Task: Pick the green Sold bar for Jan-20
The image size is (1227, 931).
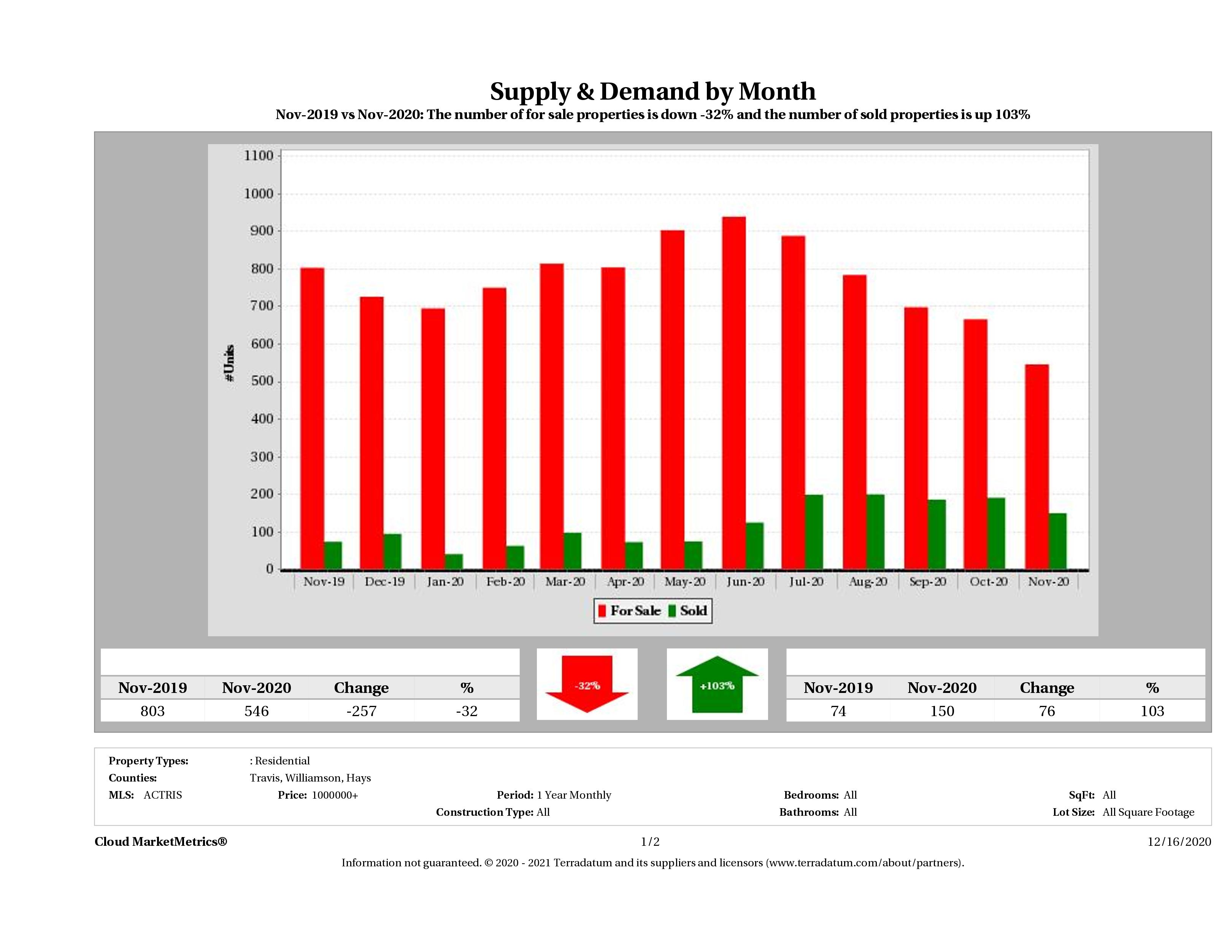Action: [454, 561]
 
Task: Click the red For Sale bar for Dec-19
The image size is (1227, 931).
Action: [371, 433]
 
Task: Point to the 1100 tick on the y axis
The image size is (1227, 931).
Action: [259, 156]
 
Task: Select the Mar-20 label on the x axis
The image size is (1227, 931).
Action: [565, 581]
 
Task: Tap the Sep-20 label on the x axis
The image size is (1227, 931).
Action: [927, 581]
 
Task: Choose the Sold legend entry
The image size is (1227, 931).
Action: [688, 611]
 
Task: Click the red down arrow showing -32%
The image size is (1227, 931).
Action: [587, 685]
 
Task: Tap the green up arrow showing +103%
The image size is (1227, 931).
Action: [717, 685]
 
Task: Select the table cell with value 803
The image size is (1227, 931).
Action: [152, 711]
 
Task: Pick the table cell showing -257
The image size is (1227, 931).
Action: [361, 711]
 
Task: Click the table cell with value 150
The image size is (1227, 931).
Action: [942, 711]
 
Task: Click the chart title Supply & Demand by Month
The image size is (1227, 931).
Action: [652, 91]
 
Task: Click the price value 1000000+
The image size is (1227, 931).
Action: [335, 795]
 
